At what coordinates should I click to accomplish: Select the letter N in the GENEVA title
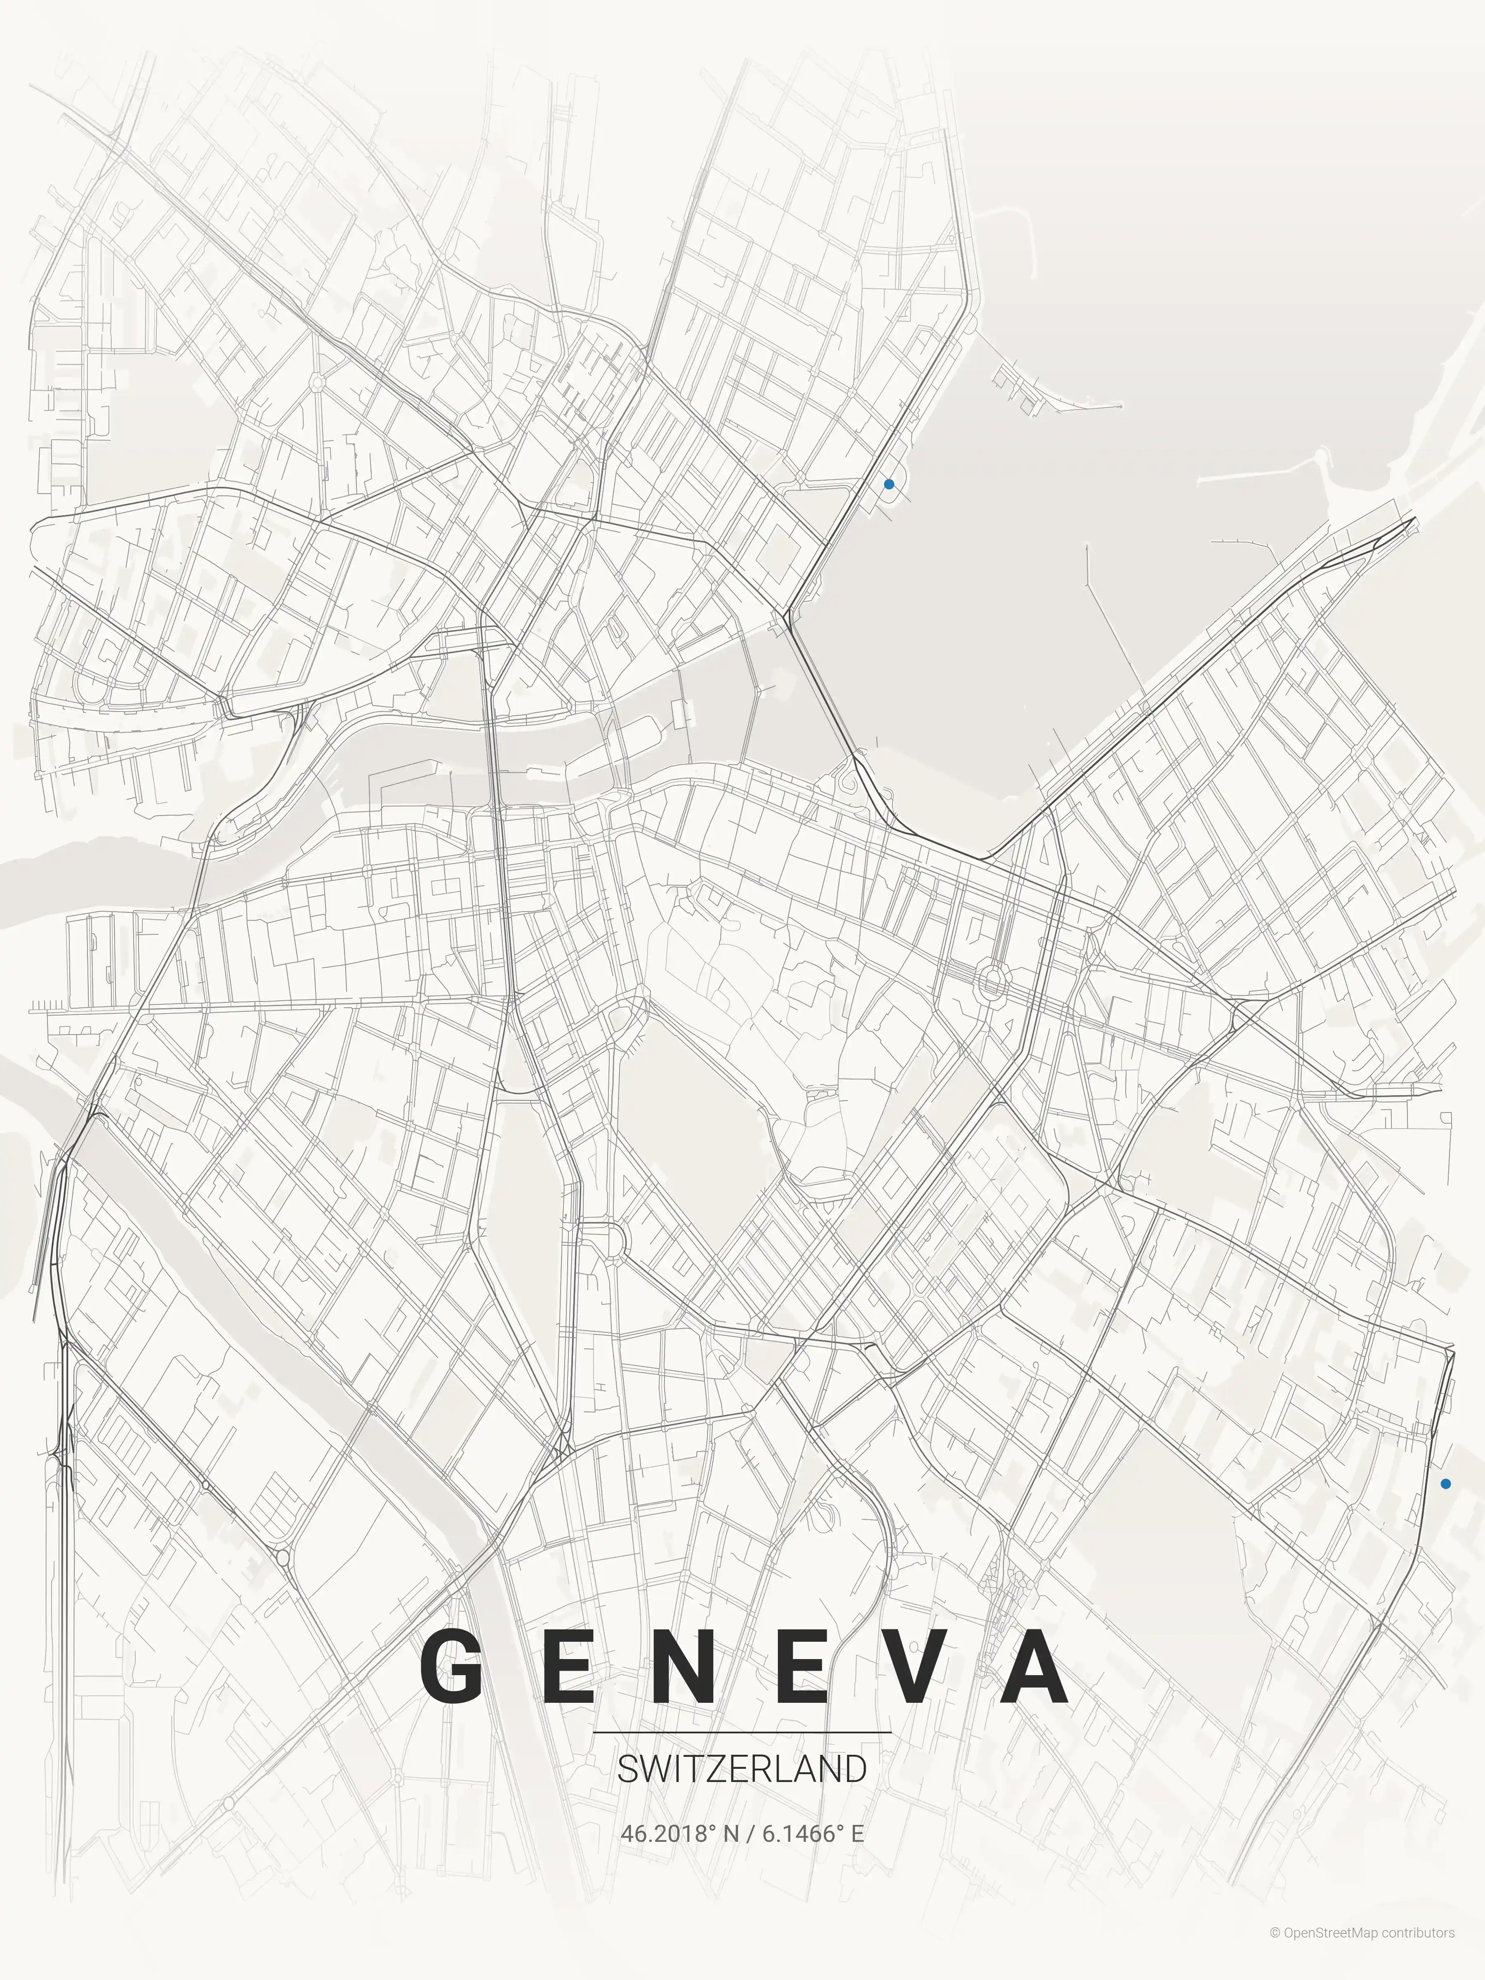(x=682, y=1667)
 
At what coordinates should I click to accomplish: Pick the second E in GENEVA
(x=801, y=1667)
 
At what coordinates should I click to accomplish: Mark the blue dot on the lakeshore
(x=889, y=484)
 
